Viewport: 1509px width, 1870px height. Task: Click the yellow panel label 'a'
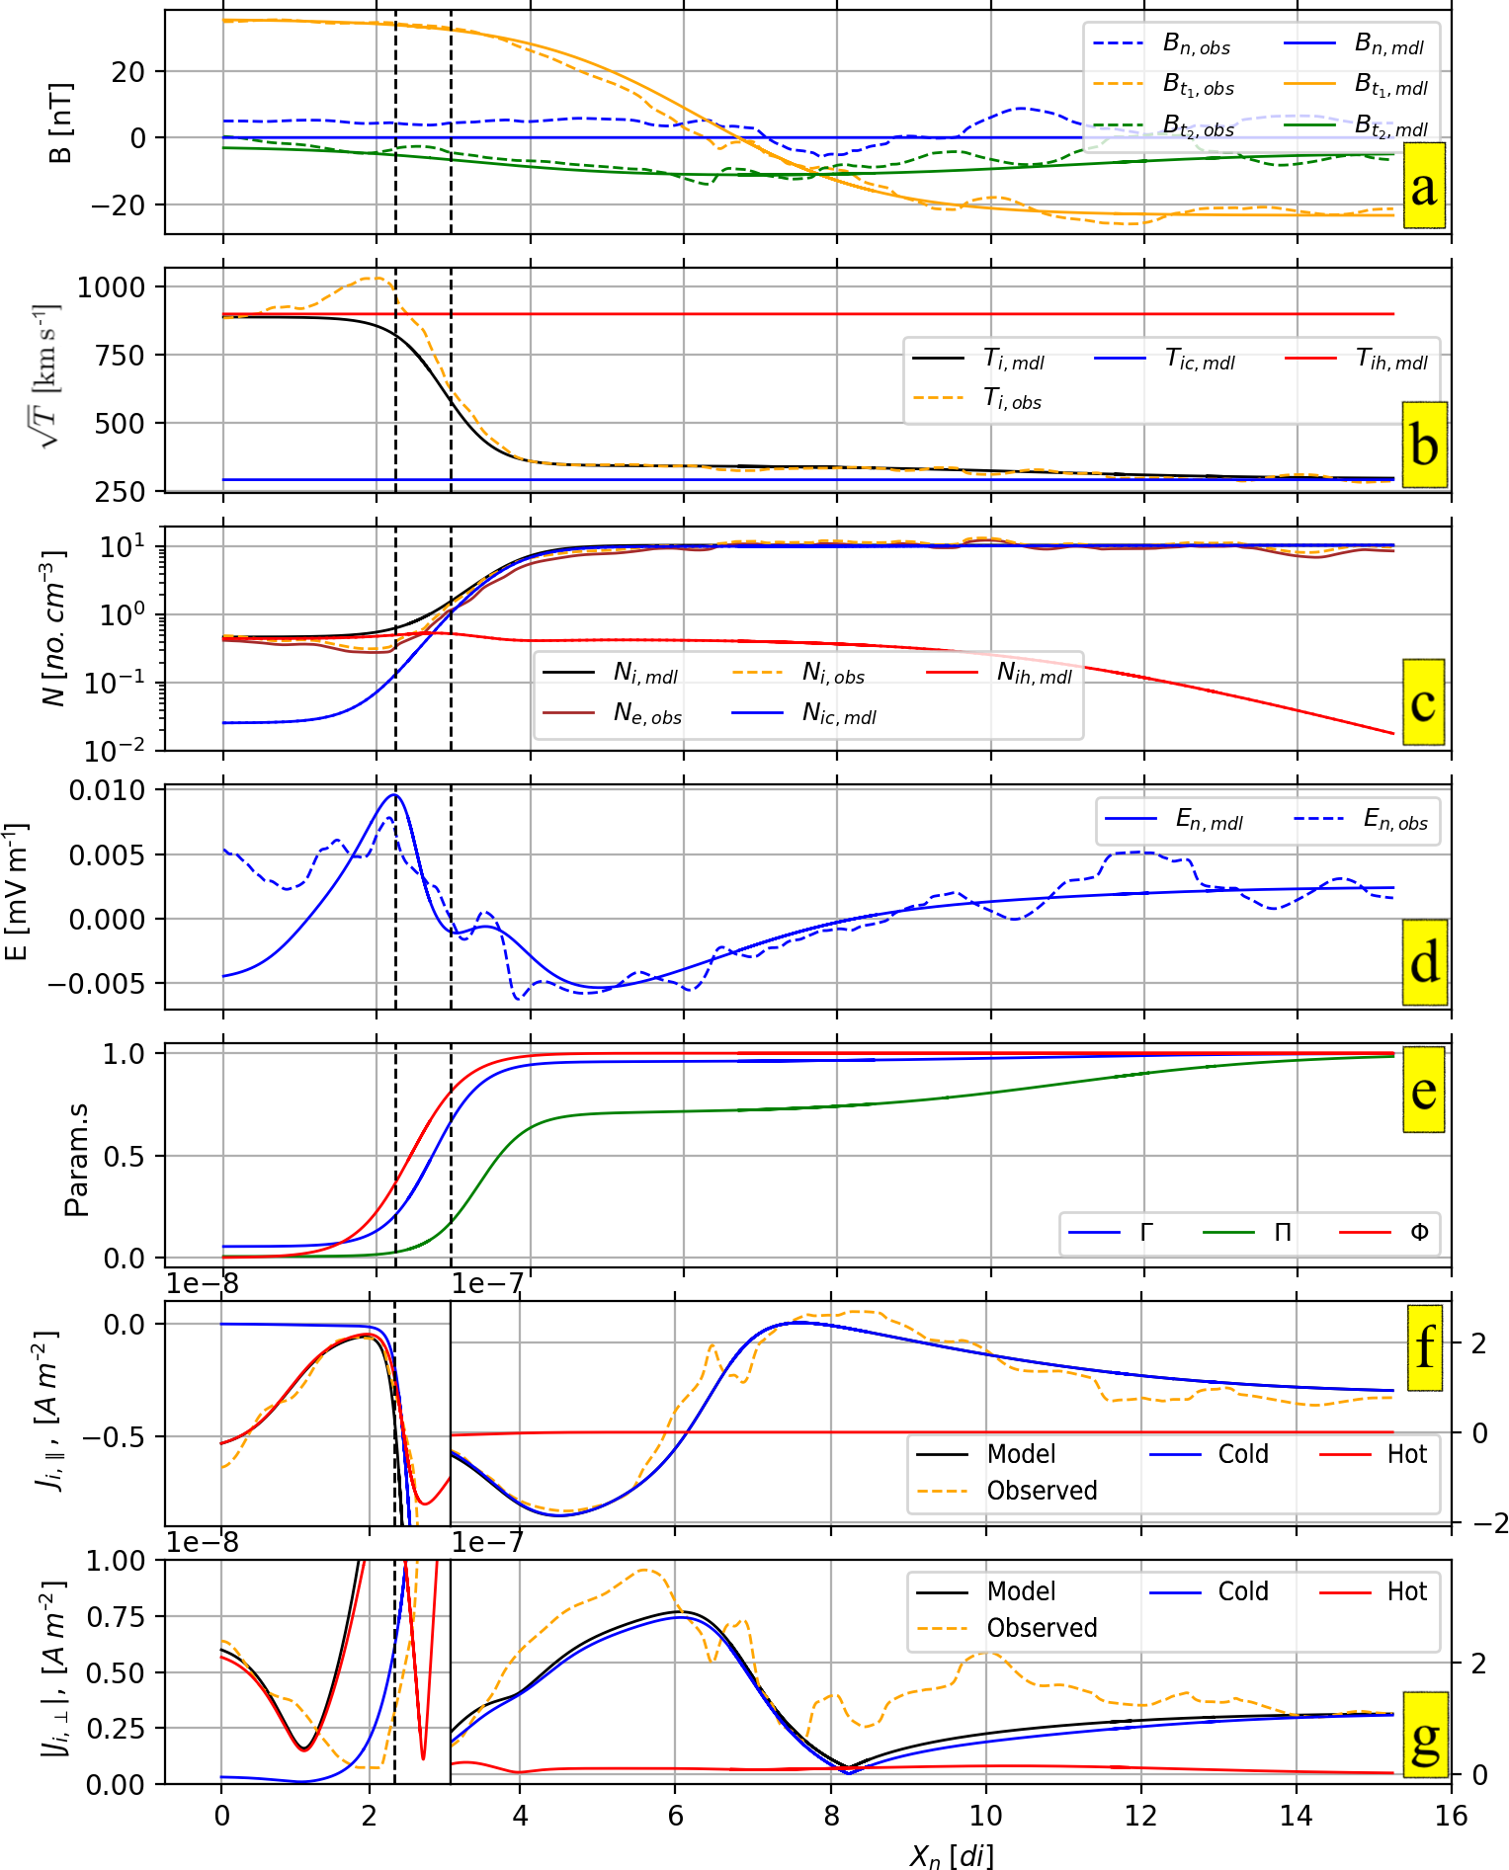click(x=1423, y=186)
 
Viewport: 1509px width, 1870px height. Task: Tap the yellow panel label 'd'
click(x=1424, y=962)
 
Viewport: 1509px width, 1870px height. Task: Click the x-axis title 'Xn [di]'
click(x=951, y=1854)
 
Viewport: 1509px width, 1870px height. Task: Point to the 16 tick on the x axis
click(x=1451, y=1816)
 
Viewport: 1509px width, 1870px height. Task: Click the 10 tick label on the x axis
click(x=985, y=1816)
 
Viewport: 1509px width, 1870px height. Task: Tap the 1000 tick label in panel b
click(x=111, y=287)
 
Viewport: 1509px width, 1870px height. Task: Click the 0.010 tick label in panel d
click(x=107, y=790)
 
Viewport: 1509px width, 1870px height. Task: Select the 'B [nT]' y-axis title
click(x=60, y=122)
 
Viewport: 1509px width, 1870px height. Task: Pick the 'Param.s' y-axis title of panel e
click(x=75, y=1159)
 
